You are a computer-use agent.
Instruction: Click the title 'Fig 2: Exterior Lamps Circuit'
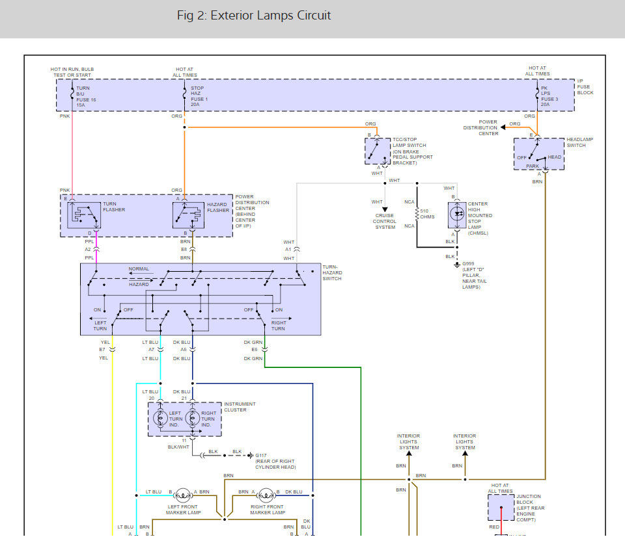254,16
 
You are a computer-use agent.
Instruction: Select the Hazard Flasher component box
186,215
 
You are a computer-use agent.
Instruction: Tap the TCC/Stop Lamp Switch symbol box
377,150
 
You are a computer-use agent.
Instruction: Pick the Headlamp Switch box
538,154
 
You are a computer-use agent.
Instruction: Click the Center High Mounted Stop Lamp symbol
458,214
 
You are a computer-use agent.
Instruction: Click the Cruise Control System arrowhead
385,209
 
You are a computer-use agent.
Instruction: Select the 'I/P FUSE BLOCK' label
585,87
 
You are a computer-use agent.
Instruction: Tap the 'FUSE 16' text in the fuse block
86,99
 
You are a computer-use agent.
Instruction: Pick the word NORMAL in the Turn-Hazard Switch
139,268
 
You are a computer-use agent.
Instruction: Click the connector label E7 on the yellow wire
102,350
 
